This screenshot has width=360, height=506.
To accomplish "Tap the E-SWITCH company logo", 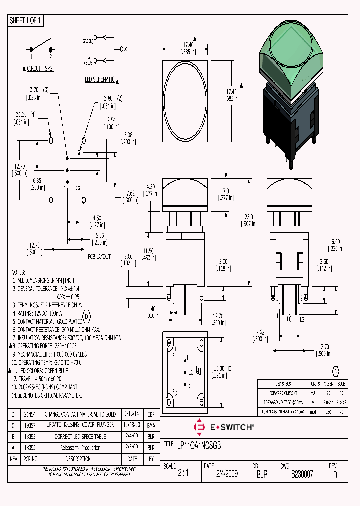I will tap(224, 427).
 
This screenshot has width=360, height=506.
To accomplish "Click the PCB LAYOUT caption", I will tap(99, 256).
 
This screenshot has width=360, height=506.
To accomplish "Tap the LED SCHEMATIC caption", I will tap(100, 80).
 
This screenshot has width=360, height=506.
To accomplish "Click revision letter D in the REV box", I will tap(335, 475).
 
